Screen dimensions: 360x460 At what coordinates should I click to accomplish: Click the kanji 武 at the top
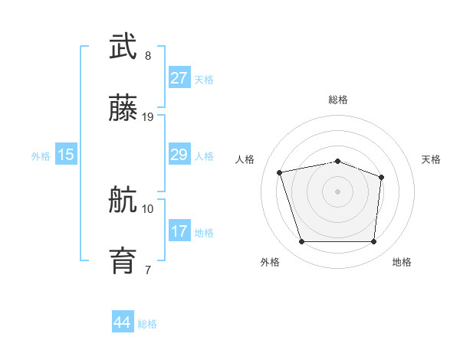[123, 47]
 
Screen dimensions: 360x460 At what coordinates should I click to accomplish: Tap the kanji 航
[123, 200]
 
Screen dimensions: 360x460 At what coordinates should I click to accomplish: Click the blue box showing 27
[179, 78]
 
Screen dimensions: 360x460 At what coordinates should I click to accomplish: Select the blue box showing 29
[179, 155]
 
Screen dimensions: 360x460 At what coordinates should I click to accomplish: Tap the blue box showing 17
[179, 231]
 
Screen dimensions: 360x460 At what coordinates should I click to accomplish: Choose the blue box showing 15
[66, 155]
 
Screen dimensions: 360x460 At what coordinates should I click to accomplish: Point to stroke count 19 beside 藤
[148, 117]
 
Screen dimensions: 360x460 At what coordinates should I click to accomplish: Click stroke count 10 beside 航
[148, 208]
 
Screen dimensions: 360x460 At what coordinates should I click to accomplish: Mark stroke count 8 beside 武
[148, 56]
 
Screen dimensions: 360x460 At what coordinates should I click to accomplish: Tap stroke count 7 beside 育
[148, 270]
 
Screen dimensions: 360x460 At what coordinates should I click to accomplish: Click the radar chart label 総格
[337, 100]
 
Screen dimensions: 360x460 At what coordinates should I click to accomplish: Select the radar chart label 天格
[431, 159]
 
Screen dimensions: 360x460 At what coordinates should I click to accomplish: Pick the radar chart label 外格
[270, 263]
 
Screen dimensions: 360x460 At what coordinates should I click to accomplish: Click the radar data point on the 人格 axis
[280, 172]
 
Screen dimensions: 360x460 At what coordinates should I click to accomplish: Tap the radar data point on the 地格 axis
[373, 242]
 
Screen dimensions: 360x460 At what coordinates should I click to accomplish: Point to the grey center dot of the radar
[337, 191]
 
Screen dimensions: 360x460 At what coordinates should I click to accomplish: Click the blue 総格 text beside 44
[147, 324]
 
